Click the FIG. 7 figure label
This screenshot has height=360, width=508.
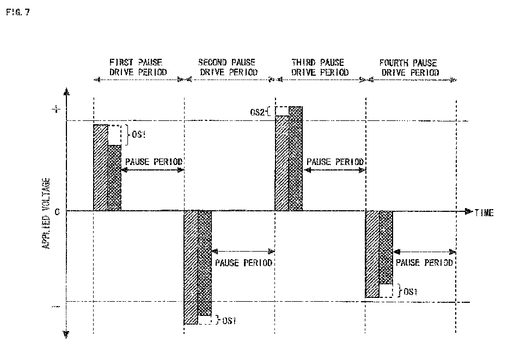click(18, 13)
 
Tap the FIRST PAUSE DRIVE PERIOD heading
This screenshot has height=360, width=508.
click(138, 67)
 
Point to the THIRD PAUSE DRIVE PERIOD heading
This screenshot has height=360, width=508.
click(320, 67)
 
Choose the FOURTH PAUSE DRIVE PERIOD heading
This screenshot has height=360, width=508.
click(410, 68)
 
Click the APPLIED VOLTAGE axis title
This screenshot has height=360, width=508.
click(46, 213)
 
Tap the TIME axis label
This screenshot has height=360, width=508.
click(484, 213)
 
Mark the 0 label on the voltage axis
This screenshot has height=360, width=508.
click(57, 212)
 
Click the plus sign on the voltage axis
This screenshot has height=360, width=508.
click(56, 109)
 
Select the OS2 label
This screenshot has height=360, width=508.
click(257, 112)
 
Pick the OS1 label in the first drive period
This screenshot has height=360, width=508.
click(138, 134)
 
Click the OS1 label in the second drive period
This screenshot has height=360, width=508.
click(229, 320)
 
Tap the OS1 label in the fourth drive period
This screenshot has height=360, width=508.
click(410, 291)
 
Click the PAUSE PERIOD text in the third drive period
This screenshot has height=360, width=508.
click(335, 162)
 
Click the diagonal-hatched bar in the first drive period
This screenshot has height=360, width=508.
click(100, 168)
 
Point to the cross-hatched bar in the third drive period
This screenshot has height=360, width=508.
click(296, 158)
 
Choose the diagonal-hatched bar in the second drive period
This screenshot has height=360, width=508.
click(191, 267)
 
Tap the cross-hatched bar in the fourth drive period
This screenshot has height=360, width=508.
click(386, 247)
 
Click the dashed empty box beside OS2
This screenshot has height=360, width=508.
click(282, 111)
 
